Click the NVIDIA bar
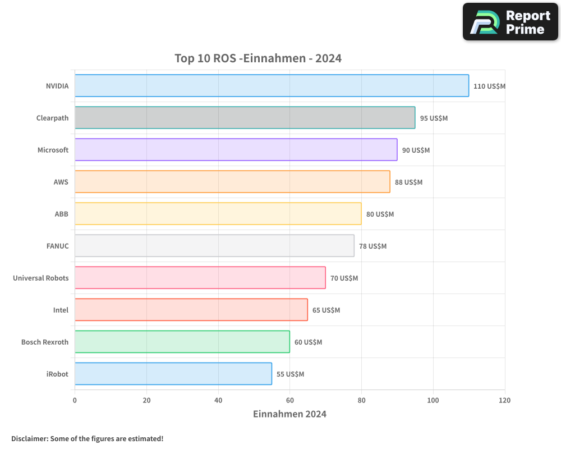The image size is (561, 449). pyautogui.click(x=272, y=86)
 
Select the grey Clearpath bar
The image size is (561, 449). pyautogui.click(x=245, y=118)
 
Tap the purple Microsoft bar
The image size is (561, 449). pyautogui.click(x=236, y=150)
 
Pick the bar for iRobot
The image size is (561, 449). pyautogui.click(x=173, y=374)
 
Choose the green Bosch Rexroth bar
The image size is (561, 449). pyautogui.click(x=182, y=342)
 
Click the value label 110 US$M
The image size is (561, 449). pyautogui.click(x=489, y=86)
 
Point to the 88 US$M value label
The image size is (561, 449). pyautogui.click(x=408, y=182)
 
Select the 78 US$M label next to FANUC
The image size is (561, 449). pyautogui.click(x=373, y=246)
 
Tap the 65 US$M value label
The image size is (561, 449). pyautogui.click(x=326, y=310)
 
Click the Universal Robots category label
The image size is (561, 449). pyautogui.click(x=40, y=278)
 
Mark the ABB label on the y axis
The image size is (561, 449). pyautogui.click(x=61, y=214)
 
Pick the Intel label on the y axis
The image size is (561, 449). pyautogui.click(x=61, y=310)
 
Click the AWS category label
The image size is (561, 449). pyautogui.click(x=61, y=182)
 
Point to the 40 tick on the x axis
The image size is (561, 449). pyautogui.click(x=218, y=401)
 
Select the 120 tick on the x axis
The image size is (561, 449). pyautogui.click(x=504, y=401)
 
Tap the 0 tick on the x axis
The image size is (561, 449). pyautogui.click(x=75, y=401)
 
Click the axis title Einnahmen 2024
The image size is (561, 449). pyautogui.click(x=289, y=414)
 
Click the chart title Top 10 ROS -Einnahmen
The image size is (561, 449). pyautogui.click(x=258, y=58)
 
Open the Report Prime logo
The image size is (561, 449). pyautogui.click(x=511, y=22)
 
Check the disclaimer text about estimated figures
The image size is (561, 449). pyautogui.click(x=87, y=438)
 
